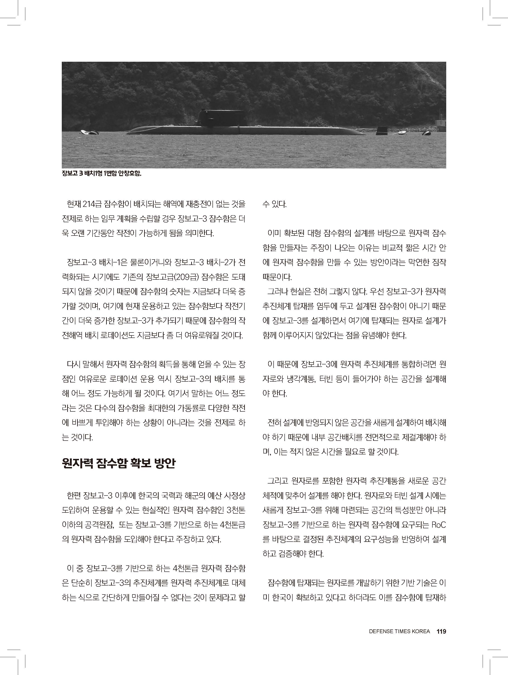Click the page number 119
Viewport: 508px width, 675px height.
tap(441, 631)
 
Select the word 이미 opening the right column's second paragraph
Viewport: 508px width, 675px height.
tap(274, 233)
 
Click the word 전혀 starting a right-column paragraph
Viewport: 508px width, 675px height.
tap(274, 423)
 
